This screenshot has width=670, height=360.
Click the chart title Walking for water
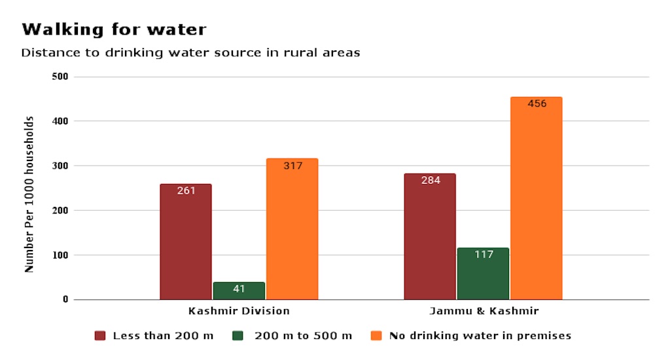tap(114, 29)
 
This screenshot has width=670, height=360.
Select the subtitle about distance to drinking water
tap(190, 53)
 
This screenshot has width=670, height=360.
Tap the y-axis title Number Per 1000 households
tap(29, 194)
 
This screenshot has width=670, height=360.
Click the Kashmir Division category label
tap(239, 311)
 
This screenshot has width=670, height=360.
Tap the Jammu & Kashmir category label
tap(484, 311)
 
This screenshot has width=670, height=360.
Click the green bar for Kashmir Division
tap(239, 291)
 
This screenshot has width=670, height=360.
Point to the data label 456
tap(537, 104)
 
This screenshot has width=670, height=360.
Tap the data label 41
tap(239, 289)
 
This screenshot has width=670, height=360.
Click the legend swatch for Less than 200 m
tap(100, 336)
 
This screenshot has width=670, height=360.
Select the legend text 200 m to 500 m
tap(303, 336)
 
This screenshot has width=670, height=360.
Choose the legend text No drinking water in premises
tap(480, 336)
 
